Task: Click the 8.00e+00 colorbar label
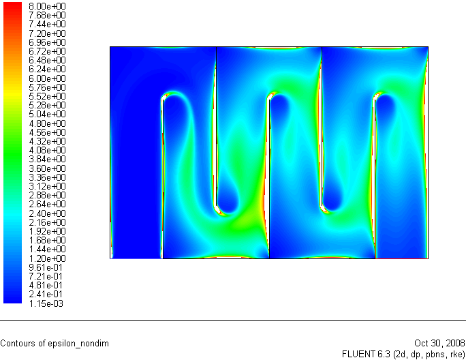tap(47, 6)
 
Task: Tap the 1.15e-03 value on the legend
tap(46, 303)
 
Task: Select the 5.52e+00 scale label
tap(47, 96)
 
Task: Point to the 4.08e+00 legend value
tap(47, 150)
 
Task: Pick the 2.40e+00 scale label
tap(47, 213)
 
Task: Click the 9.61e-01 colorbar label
tap(46, 267)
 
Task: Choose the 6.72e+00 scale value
tap(47, 51)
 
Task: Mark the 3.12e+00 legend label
tap(47, 186)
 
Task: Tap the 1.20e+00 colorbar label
tap(47, 258)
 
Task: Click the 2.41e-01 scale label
tap(46, 294)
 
